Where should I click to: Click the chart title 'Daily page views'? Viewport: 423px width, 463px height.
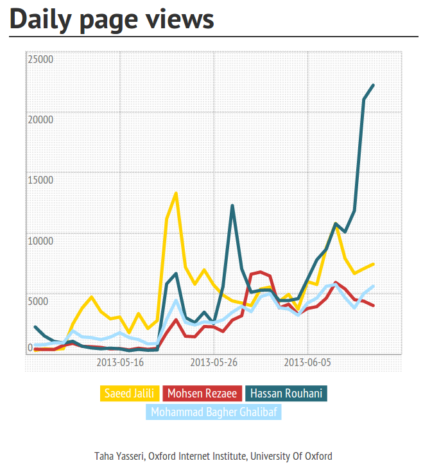click(112, 19)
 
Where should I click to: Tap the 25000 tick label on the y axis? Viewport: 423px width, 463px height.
click(40, 59)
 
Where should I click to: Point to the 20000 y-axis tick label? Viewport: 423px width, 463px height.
click(40, 119)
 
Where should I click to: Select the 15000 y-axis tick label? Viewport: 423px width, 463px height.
click(40, 179)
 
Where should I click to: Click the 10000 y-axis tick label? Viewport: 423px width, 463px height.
click(40, 240)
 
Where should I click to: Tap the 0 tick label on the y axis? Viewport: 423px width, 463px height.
click(30, 347)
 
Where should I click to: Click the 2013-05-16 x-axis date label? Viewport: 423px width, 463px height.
click(120, 362)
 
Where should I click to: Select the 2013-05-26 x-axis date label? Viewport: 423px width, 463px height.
click(214, 362)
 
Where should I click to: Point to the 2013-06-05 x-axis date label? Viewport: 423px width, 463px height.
click(307, 362)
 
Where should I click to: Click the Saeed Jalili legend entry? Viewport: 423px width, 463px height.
click(128, 393)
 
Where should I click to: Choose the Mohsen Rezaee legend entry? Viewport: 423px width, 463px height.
click(202, 393)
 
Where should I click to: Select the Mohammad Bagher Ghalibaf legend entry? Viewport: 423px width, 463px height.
click(214, 412)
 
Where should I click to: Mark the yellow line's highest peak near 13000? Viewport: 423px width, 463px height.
click(176, 193)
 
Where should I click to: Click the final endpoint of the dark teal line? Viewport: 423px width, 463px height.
click(373, 85)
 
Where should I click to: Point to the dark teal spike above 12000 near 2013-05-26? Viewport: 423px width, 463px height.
click(232, 205)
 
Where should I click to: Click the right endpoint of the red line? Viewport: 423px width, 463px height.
click(373, 305)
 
